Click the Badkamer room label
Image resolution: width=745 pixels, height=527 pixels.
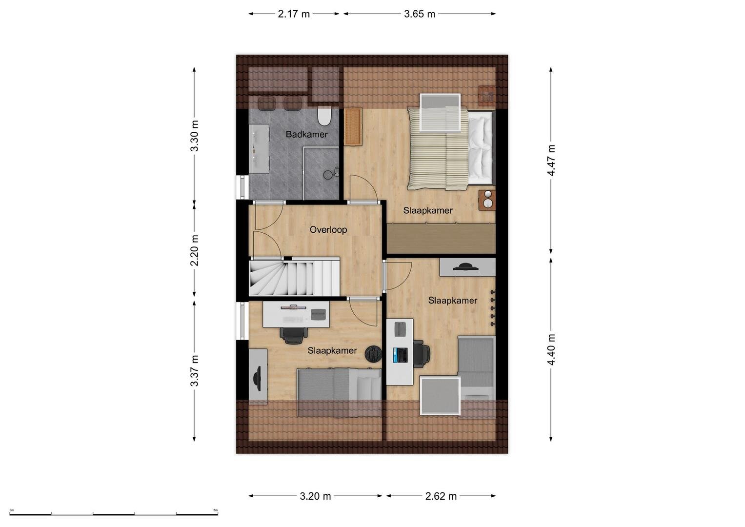(x=307, y=134)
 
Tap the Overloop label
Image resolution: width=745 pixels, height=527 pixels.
(x=328, y=229)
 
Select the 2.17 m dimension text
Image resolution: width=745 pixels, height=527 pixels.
(x=294, y=14)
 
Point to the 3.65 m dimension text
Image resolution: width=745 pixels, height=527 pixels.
(x=420, y=14)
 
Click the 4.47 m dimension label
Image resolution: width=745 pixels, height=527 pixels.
(x=551, y=161)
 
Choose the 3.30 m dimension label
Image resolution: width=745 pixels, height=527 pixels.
(x=194, y=136)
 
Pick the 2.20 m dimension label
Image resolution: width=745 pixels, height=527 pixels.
(x=194, y=250)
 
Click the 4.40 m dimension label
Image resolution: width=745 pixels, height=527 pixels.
(x=551, y=349)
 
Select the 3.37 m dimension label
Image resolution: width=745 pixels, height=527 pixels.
(x=194, y=371)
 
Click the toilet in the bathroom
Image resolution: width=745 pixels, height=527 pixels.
(x=324, y=117)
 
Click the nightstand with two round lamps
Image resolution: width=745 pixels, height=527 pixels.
(x=487, y=200)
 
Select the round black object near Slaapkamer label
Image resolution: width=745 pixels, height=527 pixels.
(x=373, y=354)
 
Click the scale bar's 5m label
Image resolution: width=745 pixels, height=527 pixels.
(x=215, y=510)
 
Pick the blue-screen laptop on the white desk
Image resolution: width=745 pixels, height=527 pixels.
(x=401, y=355)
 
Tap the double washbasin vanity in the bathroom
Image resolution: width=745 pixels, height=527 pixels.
(x=260, y=148)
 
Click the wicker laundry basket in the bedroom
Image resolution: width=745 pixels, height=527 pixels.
(x=353, y=126)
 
